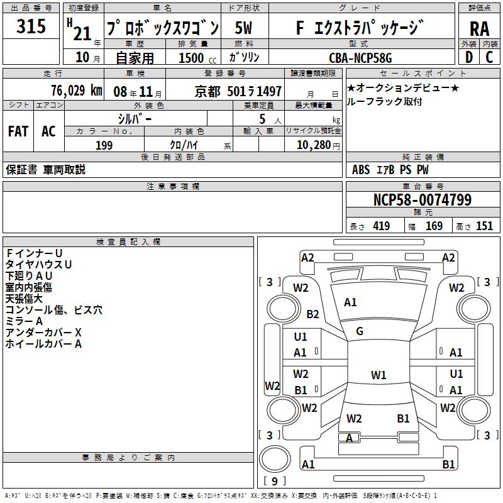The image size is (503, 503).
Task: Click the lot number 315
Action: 31,27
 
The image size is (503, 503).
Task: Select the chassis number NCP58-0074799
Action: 422,201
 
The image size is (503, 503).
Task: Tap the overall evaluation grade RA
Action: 479,28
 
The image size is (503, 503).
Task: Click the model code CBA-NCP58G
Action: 360,58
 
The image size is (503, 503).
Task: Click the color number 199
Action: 104,145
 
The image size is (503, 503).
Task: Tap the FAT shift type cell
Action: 18,131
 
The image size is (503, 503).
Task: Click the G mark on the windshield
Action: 360,331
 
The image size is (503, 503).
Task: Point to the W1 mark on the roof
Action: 378,375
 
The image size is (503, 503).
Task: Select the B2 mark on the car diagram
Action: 312,314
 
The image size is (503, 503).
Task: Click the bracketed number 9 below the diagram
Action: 274,482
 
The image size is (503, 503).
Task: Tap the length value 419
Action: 381,226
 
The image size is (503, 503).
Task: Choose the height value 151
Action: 484,226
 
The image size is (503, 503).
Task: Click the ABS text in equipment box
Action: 361,170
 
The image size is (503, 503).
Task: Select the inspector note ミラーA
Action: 25,321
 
